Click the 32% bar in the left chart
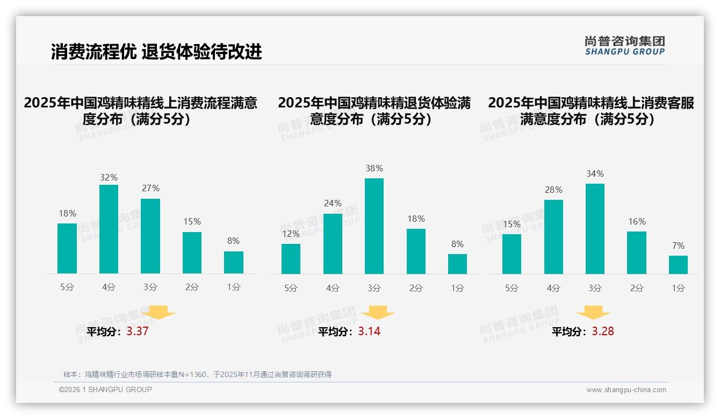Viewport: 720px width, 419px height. tap(109, 229)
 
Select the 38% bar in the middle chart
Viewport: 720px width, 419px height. tap(374, 226)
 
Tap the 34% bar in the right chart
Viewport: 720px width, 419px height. tap(595, 229)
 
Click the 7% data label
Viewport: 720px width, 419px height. tap(678, 245)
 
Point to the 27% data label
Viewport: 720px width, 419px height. tap(150, 188)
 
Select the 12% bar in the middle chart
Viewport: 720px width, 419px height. tap(291, 259)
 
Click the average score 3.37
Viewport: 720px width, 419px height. tap(138, 331)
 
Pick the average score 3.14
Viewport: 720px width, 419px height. tap(369, 331)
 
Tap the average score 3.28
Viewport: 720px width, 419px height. tap(603, 331)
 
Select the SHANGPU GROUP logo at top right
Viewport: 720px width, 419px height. tap(624, 46)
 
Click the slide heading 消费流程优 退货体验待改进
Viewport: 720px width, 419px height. tap(156, 52)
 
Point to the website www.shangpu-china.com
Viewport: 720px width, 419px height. tap(626, 390)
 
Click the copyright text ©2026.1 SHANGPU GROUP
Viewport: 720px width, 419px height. tap(105, 389)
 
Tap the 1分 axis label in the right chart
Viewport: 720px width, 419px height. tap(678, 288)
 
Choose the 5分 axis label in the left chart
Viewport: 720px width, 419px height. tap(67, 287)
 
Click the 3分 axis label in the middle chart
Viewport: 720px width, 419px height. tap(374, 288)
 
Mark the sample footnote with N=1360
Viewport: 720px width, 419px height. tap(197, 374)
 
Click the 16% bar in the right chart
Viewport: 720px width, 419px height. tap(636, 252)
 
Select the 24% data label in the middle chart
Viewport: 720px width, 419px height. tap(333, 203)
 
